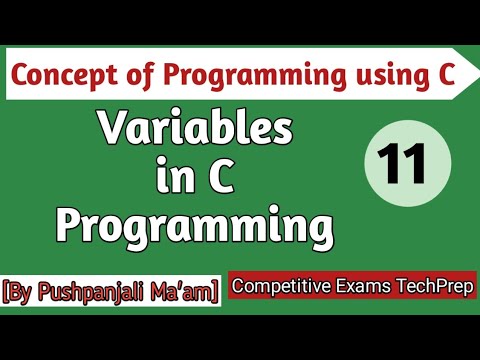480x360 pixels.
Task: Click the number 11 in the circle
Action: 403,161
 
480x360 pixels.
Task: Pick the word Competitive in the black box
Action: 280,287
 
